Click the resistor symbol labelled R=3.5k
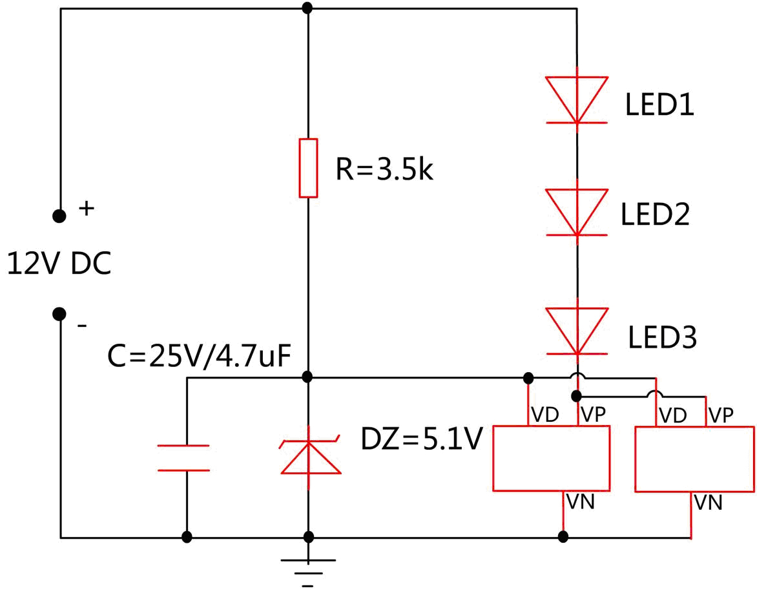pos(308,167)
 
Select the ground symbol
pos(308,565)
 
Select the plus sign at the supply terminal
pos(86,209)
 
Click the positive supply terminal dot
pos(59,216)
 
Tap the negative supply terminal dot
pos(59,314)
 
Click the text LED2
pos(656,216)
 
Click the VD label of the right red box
pos(672,415)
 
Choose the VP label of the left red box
pos(593,414)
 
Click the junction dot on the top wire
pos(308,8)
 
